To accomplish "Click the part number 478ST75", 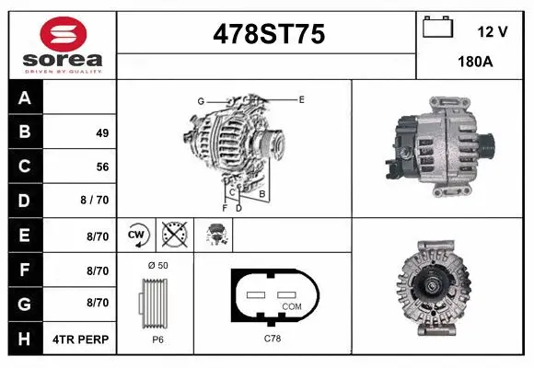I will [268, 34].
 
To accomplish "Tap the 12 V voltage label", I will [493, 31].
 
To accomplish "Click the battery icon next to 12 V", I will [437, 29].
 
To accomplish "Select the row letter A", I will [25, 98].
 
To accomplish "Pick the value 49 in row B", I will [102, 132].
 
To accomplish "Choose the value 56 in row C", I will [102, 167].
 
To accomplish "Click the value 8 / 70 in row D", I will [95, 201].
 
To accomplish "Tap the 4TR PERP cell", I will [82, 339].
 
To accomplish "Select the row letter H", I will [25, 339].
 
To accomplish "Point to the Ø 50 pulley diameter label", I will [157, 265].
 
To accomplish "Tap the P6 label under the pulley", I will [157, 339].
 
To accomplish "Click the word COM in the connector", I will [292, 305].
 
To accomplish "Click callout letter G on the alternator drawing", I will [200, 100].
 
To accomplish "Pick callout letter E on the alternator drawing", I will [301, 98].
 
